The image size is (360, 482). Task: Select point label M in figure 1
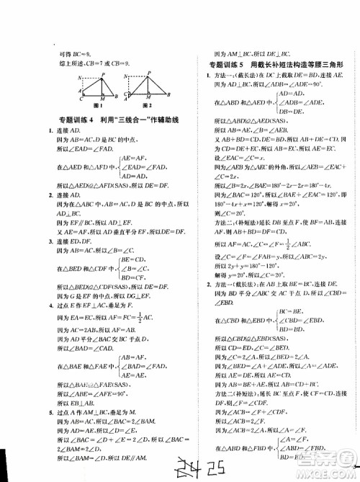104,97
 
